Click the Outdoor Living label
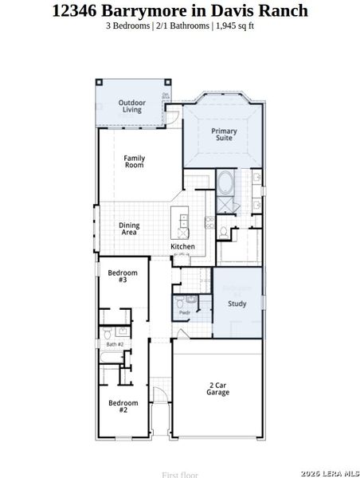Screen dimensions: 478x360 point(131,106)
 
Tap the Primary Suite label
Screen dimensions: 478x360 point(224,135)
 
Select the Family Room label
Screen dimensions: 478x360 point(134,161)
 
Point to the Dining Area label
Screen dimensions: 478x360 point(129,229)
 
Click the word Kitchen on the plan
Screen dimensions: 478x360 point(182,247)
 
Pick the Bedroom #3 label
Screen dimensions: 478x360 point(123,276)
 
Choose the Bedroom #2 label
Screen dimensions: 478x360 point(123,406)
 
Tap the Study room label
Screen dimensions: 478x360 point(237,304)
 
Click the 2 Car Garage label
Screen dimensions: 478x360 point(218,389)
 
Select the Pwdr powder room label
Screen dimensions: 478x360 point(184,313)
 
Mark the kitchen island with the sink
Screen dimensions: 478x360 point(183,224)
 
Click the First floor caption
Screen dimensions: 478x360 point(180,474)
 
